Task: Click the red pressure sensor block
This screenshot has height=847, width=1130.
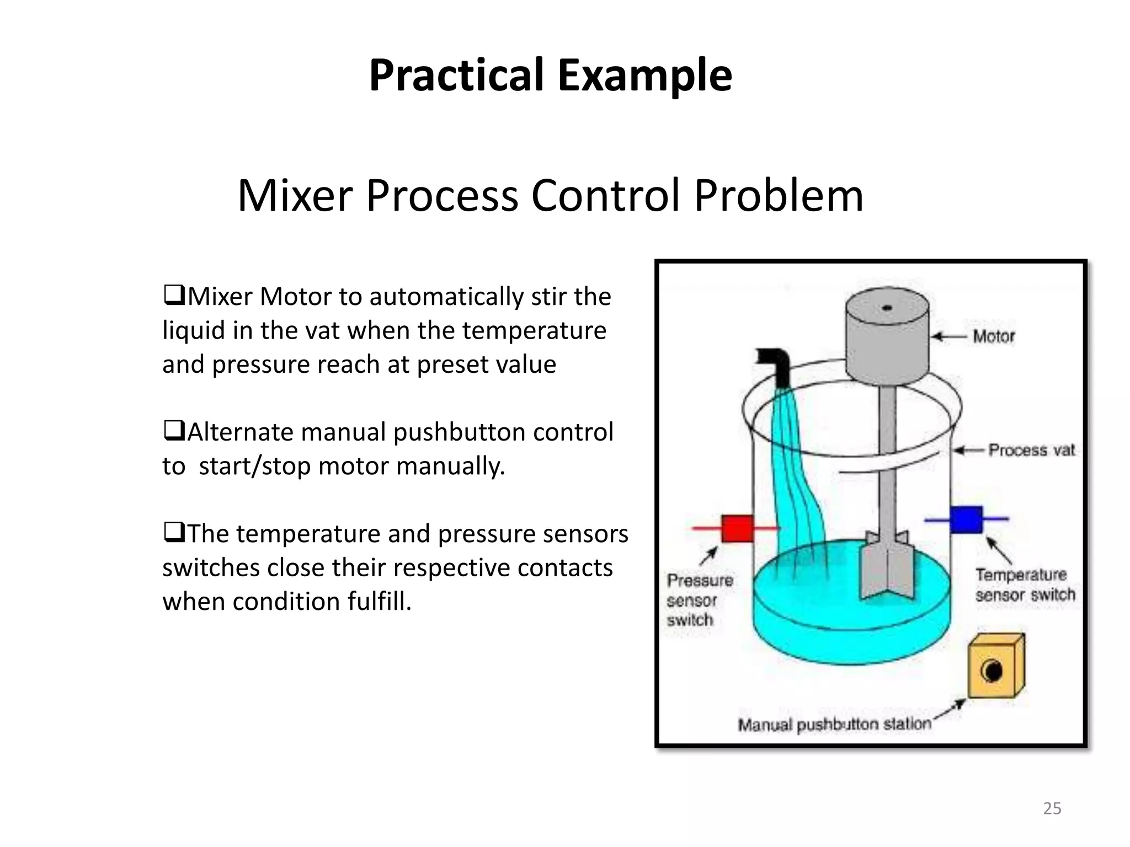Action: pyautogui.click(x=737, y=528)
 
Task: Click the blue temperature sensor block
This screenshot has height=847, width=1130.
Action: pyautogui.click(x=966, y=519)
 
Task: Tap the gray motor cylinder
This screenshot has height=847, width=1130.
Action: pyautogui.click(x=887, y=342)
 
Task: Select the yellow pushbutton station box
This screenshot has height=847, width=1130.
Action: pyautogui.click(x=996, y=668)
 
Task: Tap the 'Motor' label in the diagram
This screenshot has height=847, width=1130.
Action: pyautogui.click(x=993, y=336)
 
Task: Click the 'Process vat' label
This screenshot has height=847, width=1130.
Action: pyautogui.click(x=1031, y=451)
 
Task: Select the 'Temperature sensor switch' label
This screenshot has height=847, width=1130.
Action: pyautogui.click(x=1025, y=585)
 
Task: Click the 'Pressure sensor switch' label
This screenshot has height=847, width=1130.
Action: pyautogui.click(x=699, y=600)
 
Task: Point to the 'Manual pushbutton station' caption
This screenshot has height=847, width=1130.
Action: pyautogui.click(x=834, y=725)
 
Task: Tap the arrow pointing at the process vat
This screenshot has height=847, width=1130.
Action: pyautogui.click(x=969, y=451)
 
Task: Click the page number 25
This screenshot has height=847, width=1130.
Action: pyautogui.click(x=1052, y=808)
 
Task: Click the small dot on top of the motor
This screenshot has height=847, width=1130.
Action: pyautogui.click(x=887, y=308)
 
